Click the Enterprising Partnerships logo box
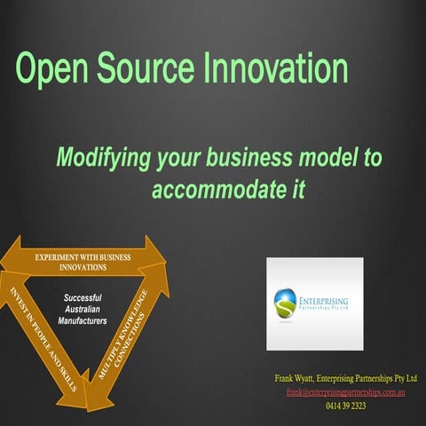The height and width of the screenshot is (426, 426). (314, 304)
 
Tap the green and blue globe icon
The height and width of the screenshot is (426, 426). (289, 304)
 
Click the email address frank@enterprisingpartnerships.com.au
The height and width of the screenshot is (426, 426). (345, 391)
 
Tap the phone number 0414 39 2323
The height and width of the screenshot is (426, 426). (345, 405)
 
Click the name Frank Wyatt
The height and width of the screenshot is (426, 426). (302, 378)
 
